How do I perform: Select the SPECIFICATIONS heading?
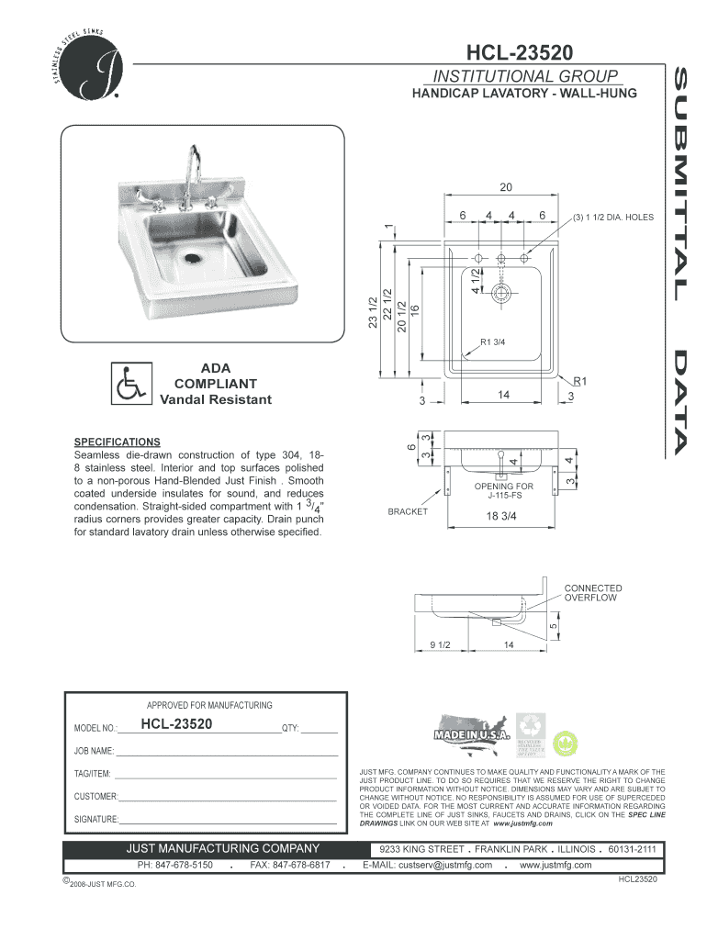pyautogui.click(x=117, y=442)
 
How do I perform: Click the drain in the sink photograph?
pyautogui.click(x=192, y=257)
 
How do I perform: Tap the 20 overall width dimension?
pyautogui.click(x=505, y=187)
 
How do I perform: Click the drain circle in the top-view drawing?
pyautogui.click(x=502, y=294)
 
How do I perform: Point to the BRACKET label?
pyautogui.click(x=408, y=511)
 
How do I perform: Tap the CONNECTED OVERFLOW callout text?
pyautogui.click(x=592, y=593)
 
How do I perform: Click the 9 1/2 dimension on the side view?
pyautogui.click(x=438, y=644)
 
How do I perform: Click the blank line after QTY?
pyautogui.click(x=319, y=731)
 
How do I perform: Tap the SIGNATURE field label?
pyautogui.click(x=95, y=819)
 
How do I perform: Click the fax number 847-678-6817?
pyautogui.click(x=289, y=865)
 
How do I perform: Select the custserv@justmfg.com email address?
pyautogui.click(x=427, y=865)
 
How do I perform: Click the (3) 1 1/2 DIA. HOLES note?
pyautogui.click(x=613, y=218)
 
